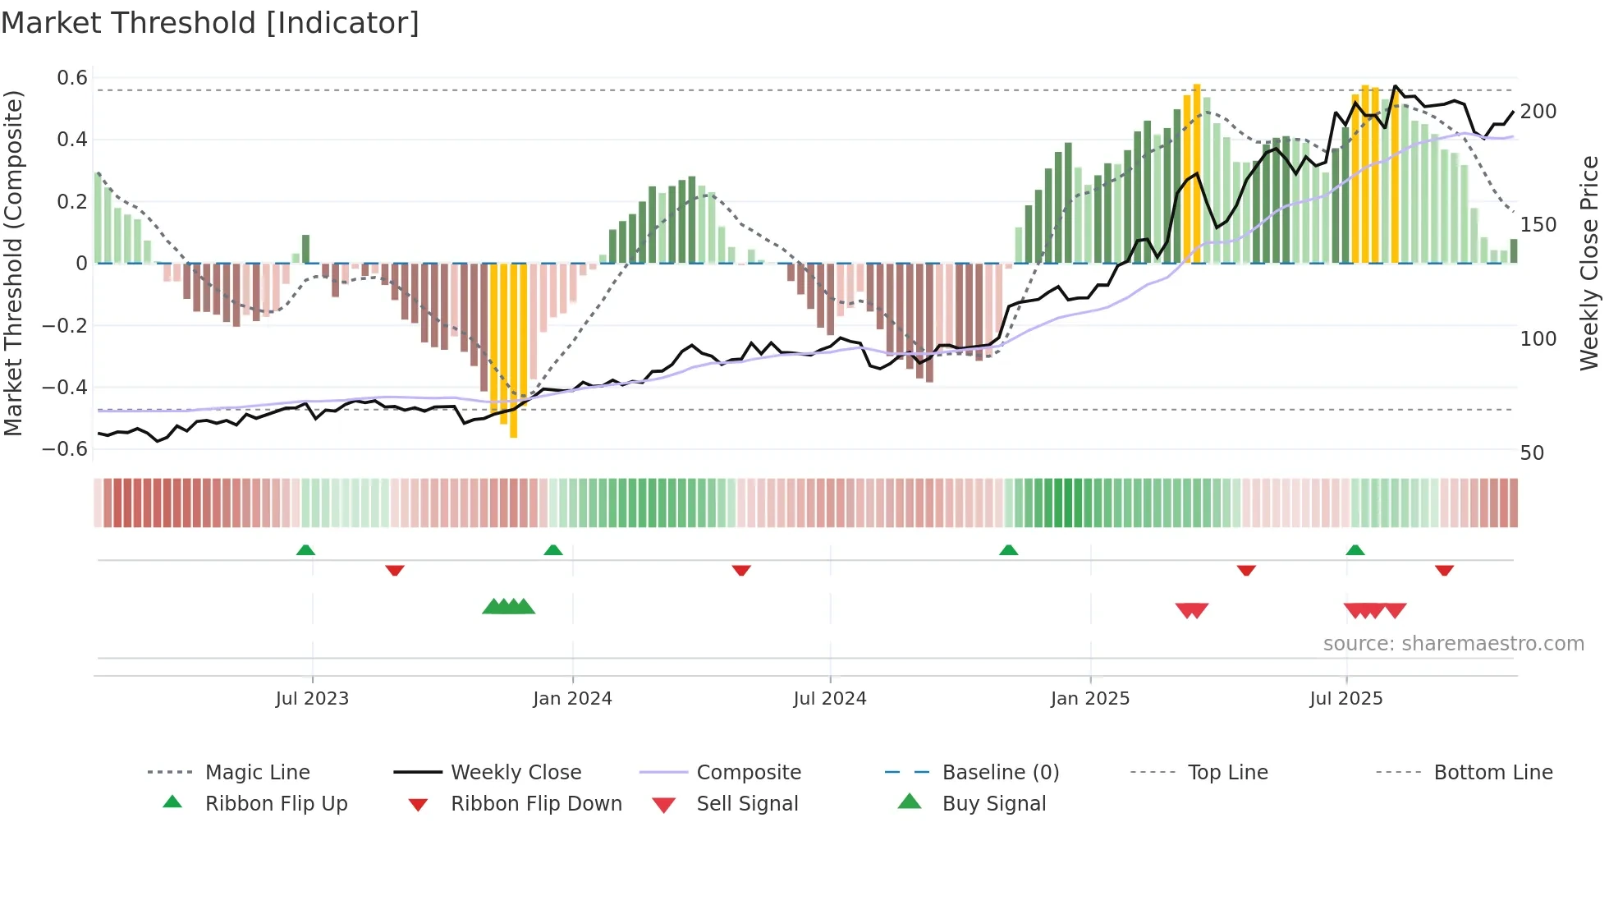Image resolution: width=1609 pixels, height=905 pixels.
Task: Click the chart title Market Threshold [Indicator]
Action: coord(210,23)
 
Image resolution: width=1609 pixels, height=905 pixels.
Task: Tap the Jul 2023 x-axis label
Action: coord(312,699)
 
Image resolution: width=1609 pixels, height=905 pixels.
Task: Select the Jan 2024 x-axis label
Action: coord(572,699)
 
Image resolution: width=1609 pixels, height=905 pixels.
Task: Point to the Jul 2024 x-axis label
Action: coord(830,699)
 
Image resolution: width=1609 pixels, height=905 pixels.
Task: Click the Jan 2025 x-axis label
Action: coord(1090,699)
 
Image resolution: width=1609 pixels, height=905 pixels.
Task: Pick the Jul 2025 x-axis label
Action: coord(1346,699)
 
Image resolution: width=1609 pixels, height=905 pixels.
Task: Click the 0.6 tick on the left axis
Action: coord(72,78)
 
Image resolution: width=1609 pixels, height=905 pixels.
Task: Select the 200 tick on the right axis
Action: coord(1538,112)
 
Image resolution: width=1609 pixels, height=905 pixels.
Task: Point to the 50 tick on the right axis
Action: coord(1532,453)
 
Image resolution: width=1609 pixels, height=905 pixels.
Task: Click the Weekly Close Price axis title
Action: coord(1589,263)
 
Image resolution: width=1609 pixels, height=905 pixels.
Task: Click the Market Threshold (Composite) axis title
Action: coord(13,263)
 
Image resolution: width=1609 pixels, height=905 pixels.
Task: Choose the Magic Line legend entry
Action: coord(257,773)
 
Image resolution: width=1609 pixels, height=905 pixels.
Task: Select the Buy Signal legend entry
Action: coord(993,804)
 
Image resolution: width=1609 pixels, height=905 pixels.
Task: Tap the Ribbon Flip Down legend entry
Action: coord(535,804)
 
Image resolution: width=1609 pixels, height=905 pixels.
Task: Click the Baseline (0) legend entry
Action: coord(1000,773)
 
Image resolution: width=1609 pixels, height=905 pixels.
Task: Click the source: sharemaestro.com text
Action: coord(1453,644)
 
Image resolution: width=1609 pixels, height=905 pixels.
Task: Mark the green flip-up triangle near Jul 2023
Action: coord(305,549)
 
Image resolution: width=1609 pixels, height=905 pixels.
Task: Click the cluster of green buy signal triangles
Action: coord(508,607)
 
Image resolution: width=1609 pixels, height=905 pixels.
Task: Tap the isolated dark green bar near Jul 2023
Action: coord(306,249)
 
